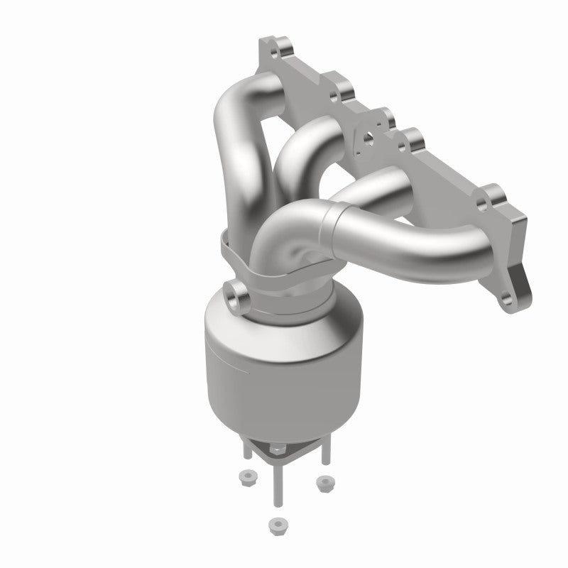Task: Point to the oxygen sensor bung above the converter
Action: click(x=237, y=293)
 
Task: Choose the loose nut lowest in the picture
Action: click(x=274, y=525)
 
